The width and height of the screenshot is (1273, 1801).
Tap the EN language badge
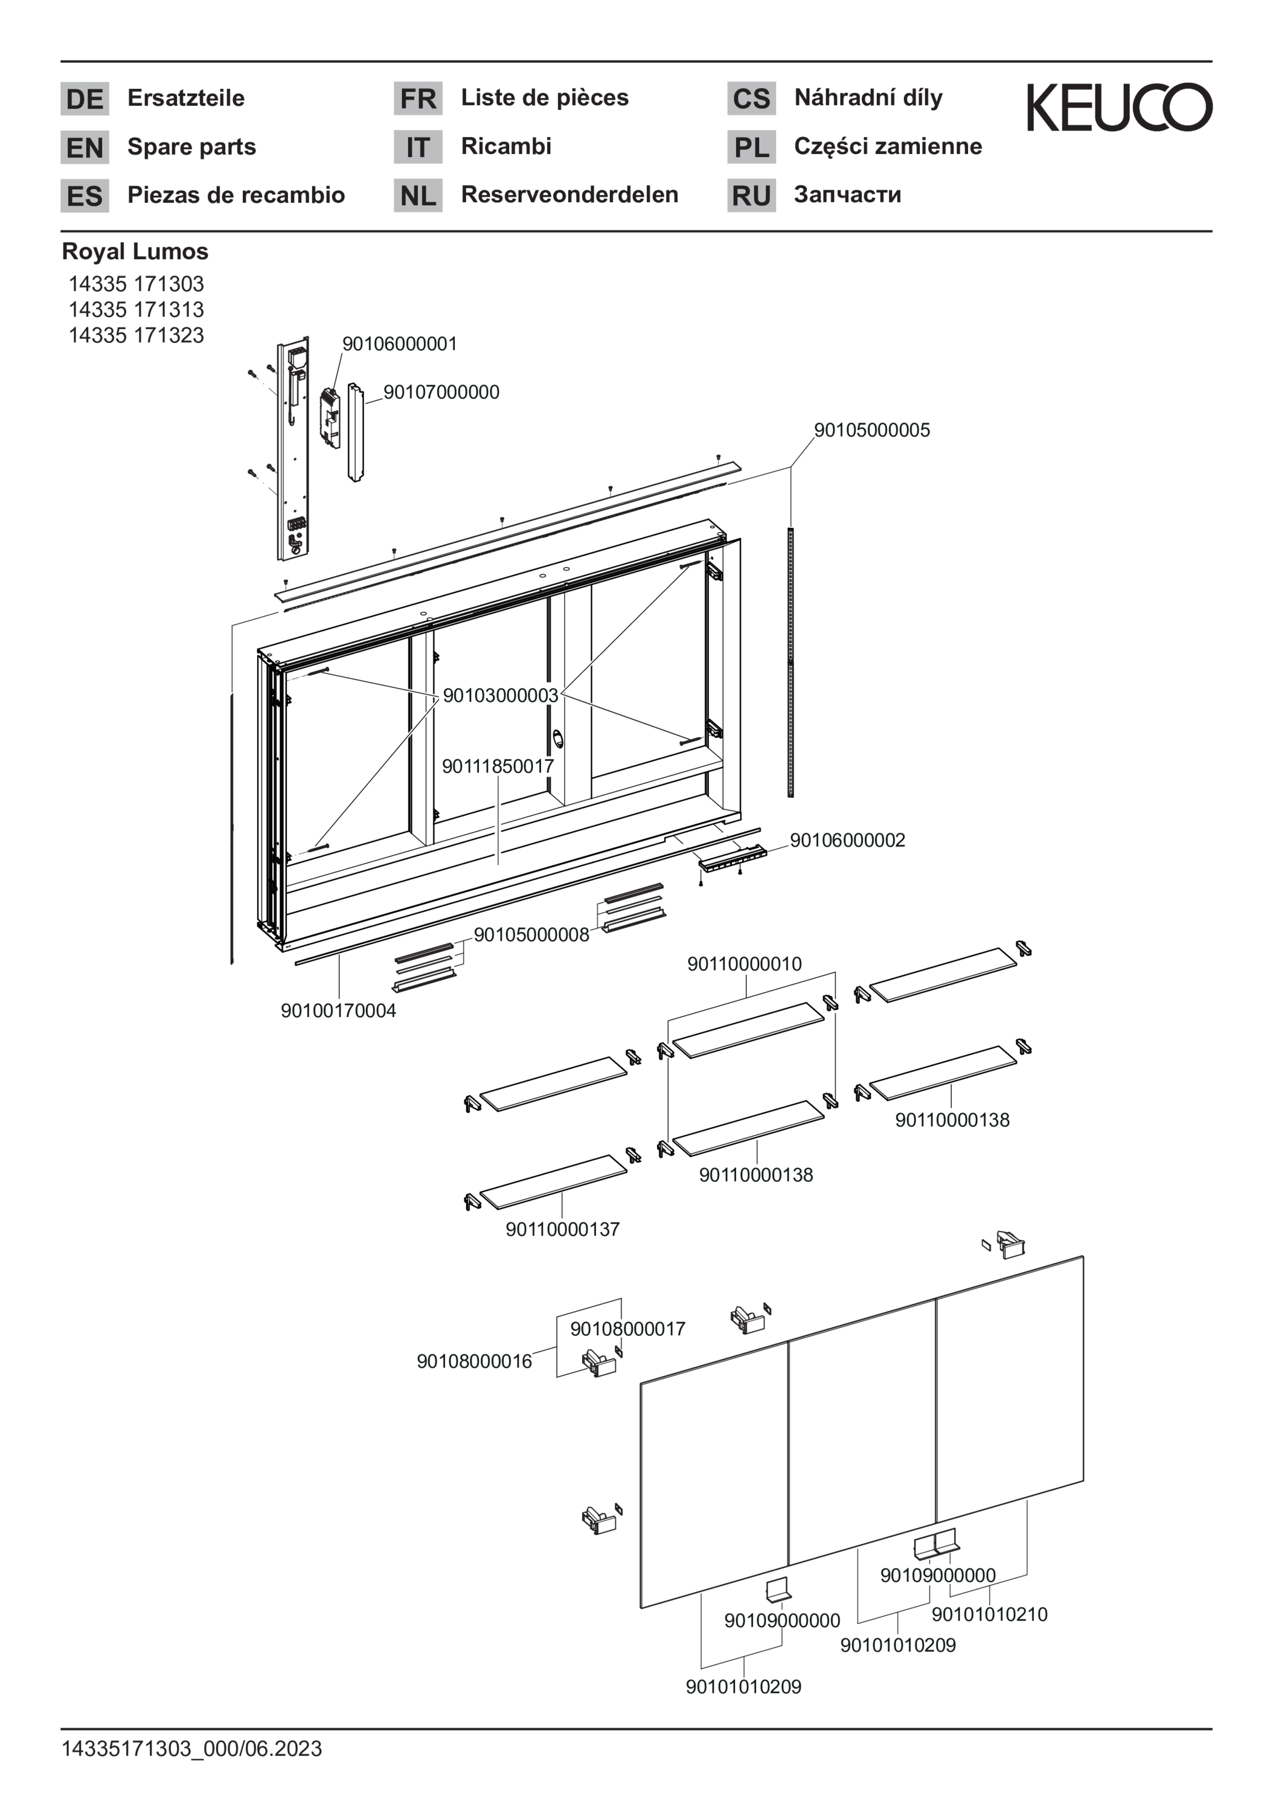(x=85, y=147)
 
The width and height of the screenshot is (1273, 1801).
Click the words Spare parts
(x=191, y=147)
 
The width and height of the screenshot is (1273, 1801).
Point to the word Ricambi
(x=506, y=146)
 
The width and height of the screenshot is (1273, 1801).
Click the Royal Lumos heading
(x=135, y=252)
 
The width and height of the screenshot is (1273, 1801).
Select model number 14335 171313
(x=136, y=309)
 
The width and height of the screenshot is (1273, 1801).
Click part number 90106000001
(x=399, y=344)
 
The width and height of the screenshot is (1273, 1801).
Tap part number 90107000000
(x=441, y=392)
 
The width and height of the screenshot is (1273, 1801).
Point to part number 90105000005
(x=871, y=430)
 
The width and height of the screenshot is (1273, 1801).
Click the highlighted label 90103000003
(x=501, y=695)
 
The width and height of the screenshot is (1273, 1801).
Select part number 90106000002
(x=847, y=840)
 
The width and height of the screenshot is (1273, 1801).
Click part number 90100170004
(x=339, y=1011)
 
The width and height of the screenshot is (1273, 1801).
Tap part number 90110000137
(x=562, y=1229)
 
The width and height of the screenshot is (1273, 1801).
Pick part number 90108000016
(x=473, y=1361)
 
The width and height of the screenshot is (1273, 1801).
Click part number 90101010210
(x=989, y=1614)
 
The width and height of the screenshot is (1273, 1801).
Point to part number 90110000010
(x=745, y=964)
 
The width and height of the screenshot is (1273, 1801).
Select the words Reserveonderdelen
(x=569, y=194)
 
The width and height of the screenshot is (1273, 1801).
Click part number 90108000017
(x=627, y=1329)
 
